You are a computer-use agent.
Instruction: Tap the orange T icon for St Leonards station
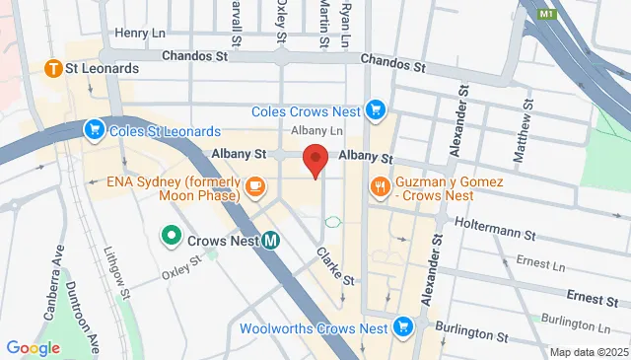pos(54,69)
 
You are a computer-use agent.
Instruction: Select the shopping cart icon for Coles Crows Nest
pos(374,110)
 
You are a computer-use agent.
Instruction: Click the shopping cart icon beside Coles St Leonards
pos(95,129)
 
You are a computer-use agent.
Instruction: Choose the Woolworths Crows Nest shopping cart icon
pos(402,326)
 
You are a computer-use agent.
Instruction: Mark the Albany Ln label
pos(316,131)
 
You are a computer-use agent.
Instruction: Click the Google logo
pos(33,347)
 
